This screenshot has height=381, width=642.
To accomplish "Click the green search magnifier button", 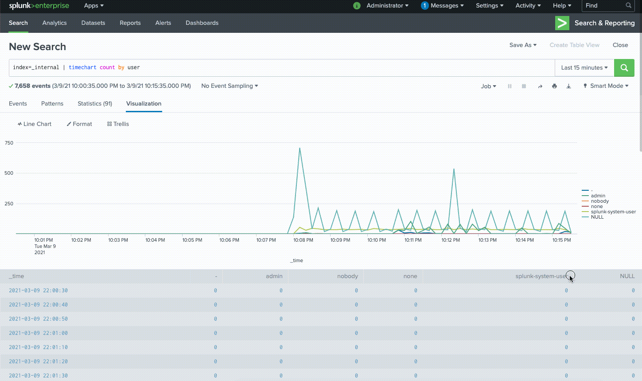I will pyautogui.click(x=624, y=68).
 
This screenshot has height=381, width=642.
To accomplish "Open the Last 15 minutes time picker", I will pyautogui.click(x=584, y=68).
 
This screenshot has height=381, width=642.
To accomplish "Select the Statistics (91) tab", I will pyautogui.click(x=95, y=104).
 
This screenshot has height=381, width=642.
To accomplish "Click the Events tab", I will pyautogui.click(x=18, y=104).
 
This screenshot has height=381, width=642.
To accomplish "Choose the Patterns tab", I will pyautogui.click(x=52, y=104).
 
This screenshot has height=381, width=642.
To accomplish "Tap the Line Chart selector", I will pyautogui.click(x=35, y=124).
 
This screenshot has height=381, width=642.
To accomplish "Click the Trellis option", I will pyautogui.click(x=118, y=124).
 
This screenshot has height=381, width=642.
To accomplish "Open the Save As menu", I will pyautogui.click(x=523, y=45).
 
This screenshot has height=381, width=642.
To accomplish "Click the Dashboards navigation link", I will pyautogui.click(x=202, y=23).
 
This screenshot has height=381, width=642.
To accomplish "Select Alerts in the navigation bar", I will pyautogui.click(x=163, y=23).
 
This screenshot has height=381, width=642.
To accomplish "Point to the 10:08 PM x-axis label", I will pyautogui.click(x=303, y=240).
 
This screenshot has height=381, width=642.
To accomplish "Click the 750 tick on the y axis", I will pyautogui.click(x=9, y=143).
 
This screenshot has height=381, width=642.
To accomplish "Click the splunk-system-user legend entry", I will pyautogui.click(x=613, y=212).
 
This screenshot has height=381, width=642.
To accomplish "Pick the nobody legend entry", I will pyautogui.click(x=599, y=201).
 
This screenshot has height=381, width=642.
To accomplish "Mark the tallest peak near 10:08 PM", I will pyautogui.click(x=300, y=149).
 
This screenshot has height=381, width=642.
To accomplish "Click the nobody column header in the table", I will pyautogui.click(x=347, y=276).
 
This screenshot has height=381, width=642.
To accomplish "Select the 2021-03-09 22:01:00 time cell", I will pyautogui.click(x=39, y=333).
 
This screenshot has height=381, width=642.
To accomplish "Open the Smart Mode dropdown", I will pyautogui.click(x=606, y=86).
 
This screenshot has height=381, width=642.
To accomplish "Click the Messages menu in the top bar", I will pyautogui.click(x=443, y=6).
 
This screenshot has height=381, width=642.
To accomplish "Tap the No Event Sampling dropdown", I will pyautogui.click(x=230, y=86).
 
